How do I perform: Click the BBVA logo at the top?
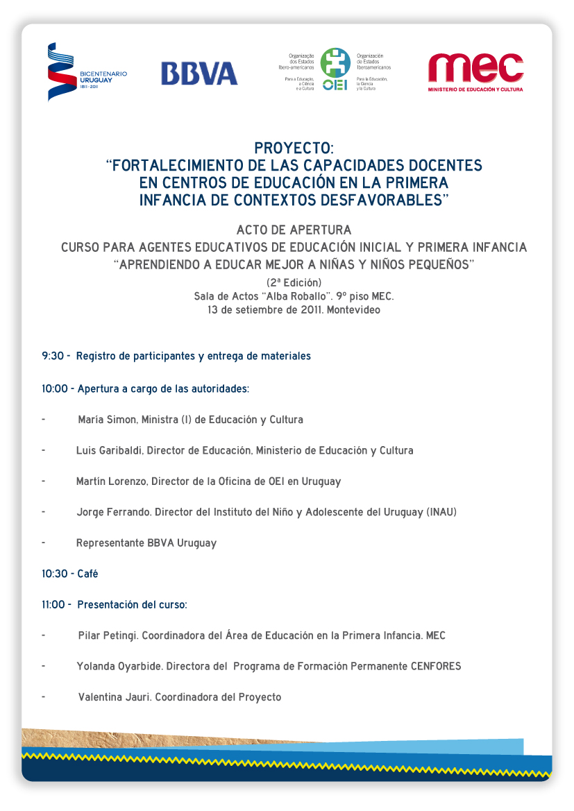click(x=199, y=74)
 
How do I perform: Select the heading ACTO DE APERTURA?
click(x=294, y=230)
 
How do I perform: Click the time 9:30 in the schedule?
click(x=53, y=356)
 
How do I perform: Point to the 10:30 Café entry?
click(x=69, y=574)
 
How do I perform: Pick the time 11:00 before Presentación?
click(x=53, y=604)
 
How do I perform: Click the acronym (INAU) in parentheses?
click(x=441, y=512)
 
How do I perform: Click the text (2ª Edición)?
click(x=294, y=282)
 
